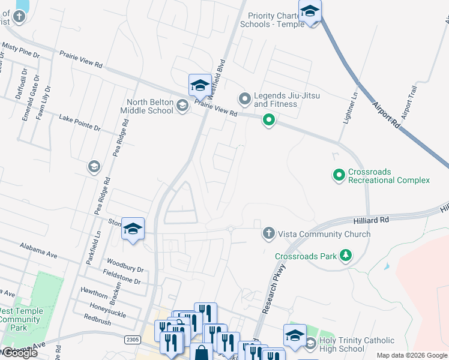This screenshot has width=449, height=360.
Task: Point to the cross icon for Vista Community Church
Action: pyautogui.click(x=268, y=233)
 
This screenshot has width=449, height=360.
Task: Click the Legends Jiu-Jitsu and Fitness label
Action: pyautogui.click(x=287, y=100)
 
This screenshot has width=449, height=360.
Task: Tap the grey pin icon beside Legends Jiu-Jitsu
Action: pyautogui.click(x=244, y=98)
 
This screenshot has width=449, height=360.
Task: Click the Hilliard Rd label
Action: pyautogui.click(x=375, y=221)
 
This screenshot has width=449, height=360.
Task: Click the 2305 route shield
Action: pyautogui.click(x=133, y=340)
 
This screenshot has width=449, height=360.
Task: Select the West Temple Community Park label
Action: pyautogui.click(x=20, y=319)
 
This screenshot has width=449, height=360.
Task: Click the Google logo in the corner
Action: pyautogui.click(x=19, y=353)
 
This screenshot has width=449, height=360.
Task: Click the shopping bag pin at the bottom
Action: pyautogui.click(x=201, y=353)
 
